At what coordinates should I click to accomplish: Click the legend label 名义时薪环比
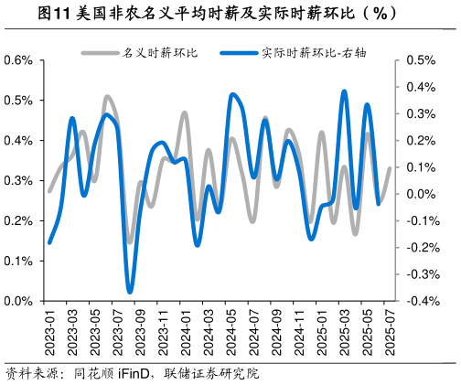(160, 53)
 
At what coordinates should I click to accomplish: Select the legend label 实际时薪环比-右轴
(305, 53)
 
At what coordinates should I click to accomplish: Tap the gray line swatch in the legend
(101, 53)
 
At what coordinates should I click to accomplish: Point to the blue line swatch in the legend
(240, 53)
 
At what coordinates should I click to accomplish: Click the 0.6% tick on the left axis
(18, 60)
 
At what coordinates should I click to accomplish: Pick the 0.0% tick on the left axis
(18, 301)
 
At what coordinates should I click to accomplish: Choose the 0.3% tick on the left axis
(18, 181)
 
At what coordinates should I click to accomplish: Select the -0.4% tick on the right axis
(416, 301)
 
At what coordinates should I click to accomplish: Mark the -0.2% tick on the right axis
(416, 247)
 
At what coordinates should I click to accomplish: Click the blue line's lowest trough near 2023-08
(130, 292)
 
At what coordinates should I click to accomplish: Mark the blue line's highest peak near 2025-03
(345, 91)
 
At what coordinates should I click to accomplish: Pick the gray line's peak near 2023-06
(107, 96)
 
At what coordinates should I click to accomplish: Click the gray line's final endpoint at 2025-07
(391, 168)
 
